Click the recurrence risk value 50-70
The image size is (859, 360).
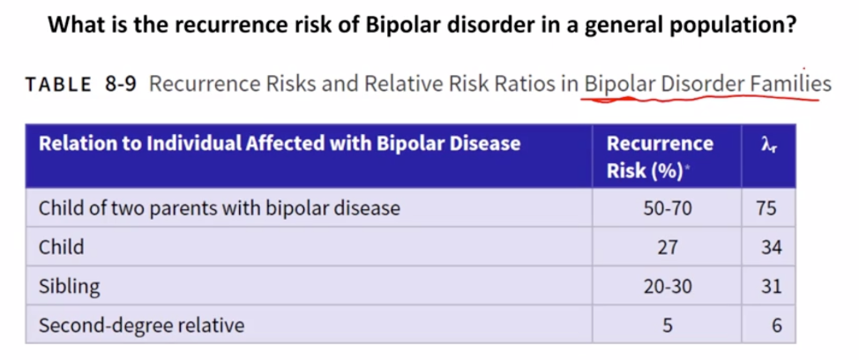[667, 208]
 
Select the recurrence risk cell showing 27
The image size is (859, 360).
[667, 247]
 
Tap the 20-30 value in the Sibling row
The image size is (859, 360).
[667, 286]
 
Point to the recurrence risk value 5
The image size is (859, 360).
[667, 325]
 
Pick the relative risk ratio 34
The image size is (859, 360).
[771, 247]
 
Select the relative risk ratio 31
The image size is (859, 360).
[771, 286]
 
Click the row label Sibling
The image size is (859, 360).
[69, 286]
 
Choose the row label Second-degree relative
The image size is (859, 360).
[141, 325]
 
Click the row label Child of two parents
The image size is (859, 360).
[219, 208]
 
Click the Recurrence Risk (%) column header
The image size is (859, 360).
[660, 156]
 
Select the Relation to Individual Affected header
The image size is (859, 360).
[280, 143]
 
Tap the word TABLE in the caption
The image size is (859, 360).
[58, 85]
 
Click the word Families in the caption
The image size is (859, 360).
[792, 84]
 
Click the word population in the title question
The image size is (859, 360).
[728, 24]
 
